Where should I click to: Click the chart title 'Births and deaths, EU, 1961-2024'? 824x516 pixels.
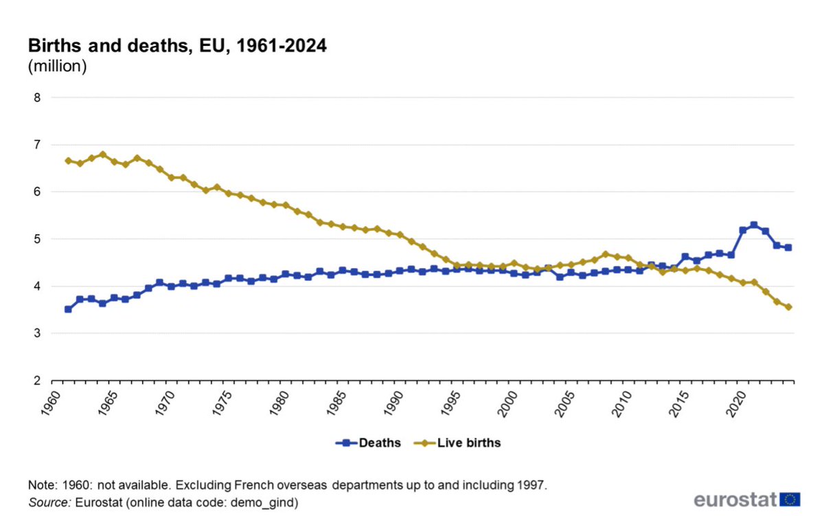[x=176, y=47]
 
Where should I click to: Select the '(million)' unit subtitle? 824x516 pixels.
[x=57, y=67]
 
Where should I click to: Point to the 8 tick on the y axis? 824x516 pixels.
[x=37, y=98]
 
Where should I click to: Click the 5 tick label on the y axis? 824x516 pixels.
[x=37, y=239]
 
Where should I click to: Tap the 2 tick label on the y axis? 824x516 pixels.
[x=37, y=381]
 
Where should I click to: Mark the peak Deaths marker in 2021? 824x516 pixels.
[x=754, y=225]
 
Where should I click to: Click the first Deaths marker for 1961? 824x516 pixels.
[x=68, y=309]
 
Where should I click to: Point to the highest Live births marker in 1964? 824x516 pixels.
[x=102, y=154]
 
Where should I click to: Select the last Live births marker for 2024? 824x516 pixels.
[x=788, y=307]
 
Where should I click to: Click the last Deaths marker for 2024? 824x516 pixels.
[x=788, y=247]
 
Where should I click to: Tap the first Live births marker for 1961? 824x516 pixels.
[x=68, y=161]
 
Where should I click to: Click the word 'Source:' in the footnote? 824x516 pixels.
[x=49, y=502]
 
